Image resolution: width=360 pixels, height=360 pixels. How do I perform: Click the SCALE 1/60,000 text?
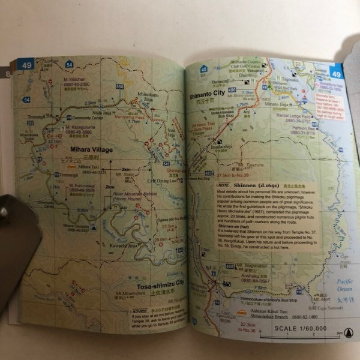pos(301,328)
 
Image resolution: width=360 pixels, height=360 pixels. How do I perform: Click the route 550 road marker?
pos(120,87)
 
